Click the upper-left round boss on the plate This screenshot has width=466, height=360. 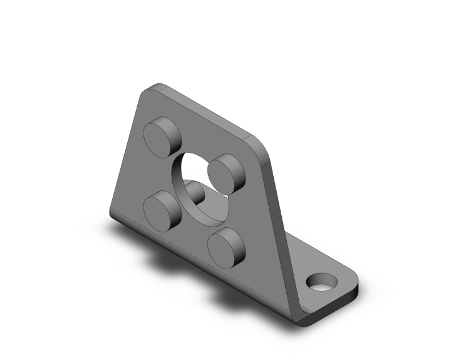coord(161,134)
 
